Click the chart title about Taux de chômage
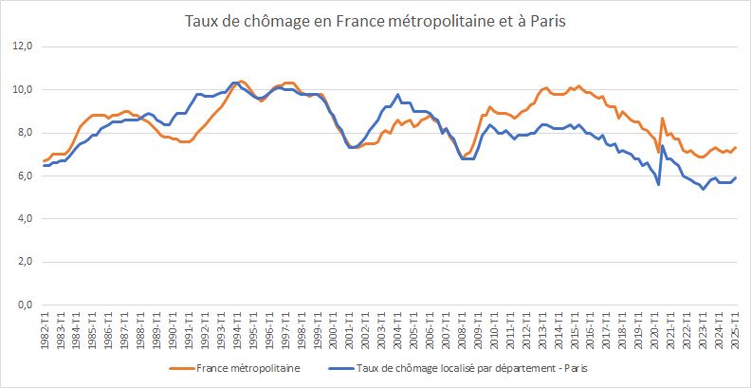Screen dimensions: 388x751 click(x=375, y=20)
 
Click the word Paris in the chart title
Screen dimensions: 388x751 click(x=547, y=20)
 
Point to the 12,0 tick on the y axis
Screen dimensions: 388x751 click(x=22, y=46)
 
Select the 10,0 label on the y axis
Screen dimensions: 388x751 click(x=22, y=89)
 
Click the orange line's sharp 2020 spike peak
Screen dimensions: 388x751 click(x=662, y=118)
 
